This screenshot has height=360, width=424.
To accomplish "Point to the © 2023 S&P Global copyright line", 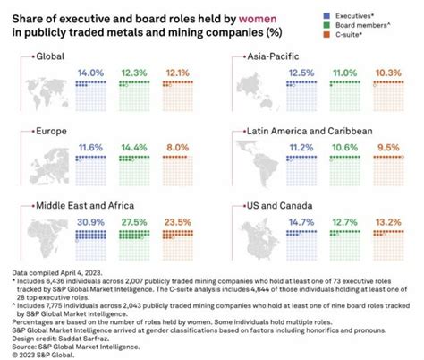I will coord(43,355).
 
